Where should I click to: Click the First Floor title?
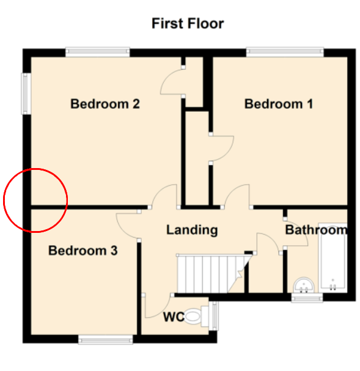[188, 23]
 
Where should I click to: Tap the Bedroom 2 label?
[105, 104]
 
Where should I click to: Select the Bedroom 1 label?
[279, 104]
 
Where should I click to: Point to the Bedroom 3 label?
[83, 251]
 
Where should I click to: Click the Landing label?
[192, 230]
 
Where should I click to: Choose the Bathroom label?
[316, 230]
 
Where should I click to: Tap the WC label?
[174, 317]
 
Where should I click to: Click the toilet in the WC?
[197, 316]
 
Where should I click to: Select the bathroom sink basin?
[304, 285]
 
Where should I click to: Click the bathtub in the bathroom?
[332, 258]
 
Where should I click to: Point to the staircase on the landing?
[213, 274]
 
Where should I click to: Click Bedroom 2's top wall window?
[97, 52]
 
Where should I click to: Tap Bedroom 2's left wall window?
[26, 94]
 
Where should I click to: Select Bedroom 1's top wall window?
[285, 52]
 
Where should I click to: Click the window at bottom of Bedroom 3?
[106, 340]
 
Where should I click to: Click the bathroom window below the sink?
[307, 298]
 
